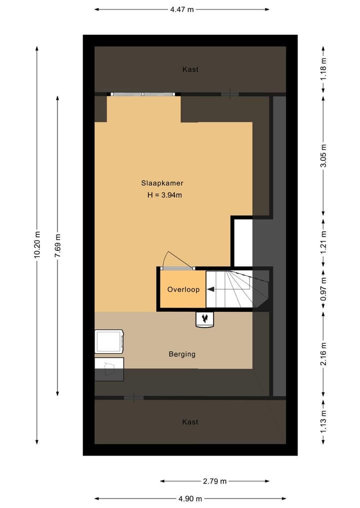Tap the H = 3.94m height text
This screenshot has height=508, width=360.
click(x=164, y=195)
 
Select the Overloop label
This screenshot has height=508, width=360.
click(x=183, y=290)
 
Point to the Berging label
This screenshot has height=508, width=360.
click(x=181, y=354)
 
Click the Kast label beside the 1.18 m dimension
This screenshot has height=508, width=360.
click(x=190, y=69)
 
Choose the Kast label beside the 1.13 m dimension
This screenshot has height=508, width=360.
click(x=190, y=422)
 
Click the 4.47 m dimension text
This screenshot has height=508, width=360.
click(x=181, y=9)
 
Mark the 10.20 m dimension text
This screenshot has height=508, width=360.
click(x=37, y=244)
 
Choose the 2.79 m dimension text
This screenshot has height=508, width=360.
click(x=214, y=482)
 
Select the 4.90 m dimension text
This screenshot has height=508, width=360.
click(x=190, y=499)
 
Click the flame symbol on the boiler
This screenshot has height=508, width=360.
click(x=204, y=318)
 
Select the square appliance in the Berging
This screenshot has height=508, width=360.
click(x=108, y=342)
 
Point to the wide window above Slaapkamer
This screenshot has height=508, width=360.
click(x=143, y=94)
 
